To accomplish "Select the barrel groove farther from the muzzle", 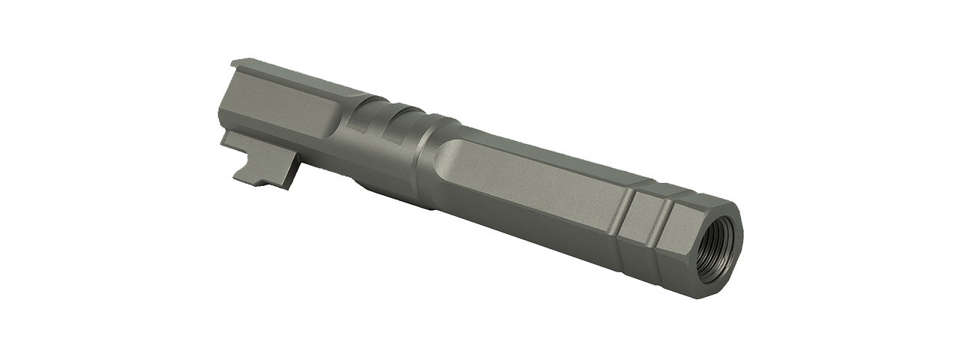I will click(627, 214).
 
